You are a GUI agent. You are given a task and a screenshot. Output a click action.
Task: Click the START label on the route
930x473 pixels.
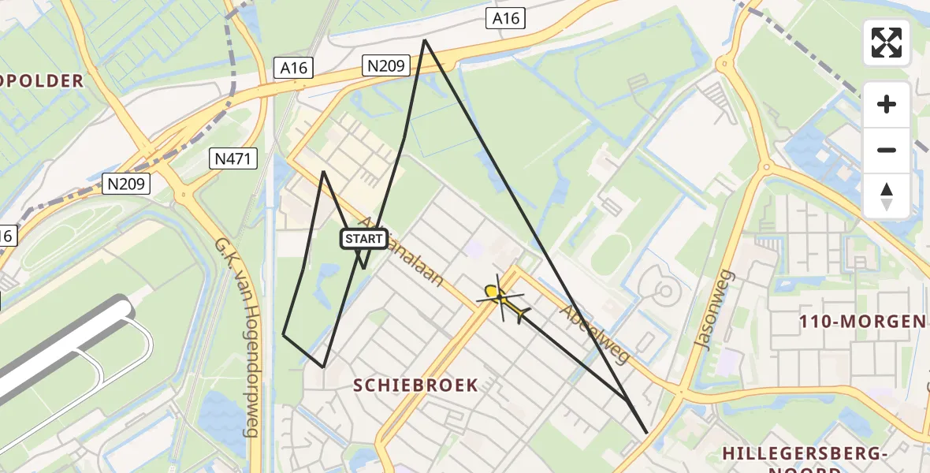coord(363,239)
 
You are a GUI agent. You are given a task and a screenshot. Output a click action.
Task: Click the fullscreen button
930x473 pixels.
coord(887,43)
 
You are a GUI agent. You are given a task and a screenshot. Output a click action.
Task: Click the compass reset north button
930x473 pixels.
coord(887,196)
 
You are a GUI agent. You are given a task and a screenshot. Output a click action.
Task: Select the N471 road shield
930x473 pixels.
coord(234,159)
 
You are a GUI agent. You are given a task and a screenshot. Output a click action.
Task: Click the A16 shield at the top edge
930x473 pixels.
coord(505,18)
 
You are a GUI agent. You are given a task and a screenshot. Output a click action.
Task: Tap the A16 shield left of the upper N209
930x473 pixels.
coord(293,69)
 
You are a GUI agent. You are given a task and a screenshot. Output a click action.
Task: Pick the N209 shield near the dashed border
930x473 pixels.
coord(126,184)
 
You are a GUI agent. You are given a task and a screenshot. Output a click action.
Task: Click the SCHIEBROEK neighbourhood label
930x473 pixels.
coord(415,385)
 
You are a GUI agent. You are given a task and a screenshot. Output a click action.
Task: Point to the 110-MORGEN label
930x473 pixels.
coord(862,322)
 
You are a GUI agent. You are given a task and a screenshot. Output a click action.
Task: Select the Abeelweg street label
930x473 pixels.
coord(594,335)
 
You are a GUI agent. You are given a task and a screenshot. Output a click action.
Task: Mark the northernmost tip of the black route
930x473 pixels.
coord(425,40)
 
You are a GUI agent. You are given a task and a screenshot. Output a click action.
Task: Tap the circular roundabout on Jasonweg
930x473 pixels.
coord(764,166)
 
